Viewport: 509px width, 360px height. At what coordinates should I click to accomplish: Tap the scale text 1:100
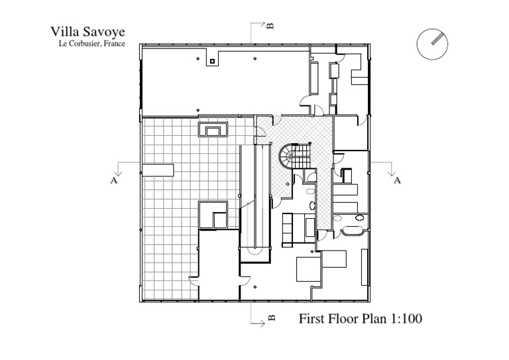pos(406,318)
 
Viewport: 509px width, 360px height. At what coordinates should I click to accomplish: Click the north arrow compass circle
pos(432,44)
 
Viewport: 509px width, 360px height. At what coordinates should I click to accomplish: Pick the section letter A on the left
pos(113,180)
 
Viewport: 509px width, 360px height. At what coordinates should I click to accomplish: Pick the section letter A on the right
pos(397,180)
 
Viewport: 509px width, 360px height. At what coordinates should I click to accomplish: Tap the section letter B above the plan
pos(270,26)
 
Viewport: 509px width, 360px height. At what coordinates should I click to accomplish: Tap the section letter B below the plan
pos(272,318)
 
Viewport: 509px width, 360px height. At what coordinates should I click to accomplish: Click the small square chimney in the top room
pos(212,61)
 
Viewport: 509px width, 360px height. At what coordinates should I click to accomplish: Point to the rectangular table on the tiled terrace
pos(158,170)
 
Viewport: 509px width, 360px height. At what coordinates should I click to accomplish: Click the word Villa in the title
pos(64,32)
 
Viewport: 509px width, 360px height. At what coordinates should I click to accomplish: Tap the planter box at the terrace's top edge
pos(213,129)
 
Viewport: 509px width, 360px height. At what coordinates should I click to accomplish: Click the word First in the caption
pos(312,318)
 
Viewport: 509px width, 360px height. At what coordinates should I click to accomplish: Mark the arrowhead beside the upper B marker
pos(263,23)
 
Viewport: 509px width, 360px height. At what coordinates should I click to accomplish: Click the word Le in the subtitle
pos(62,44)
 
